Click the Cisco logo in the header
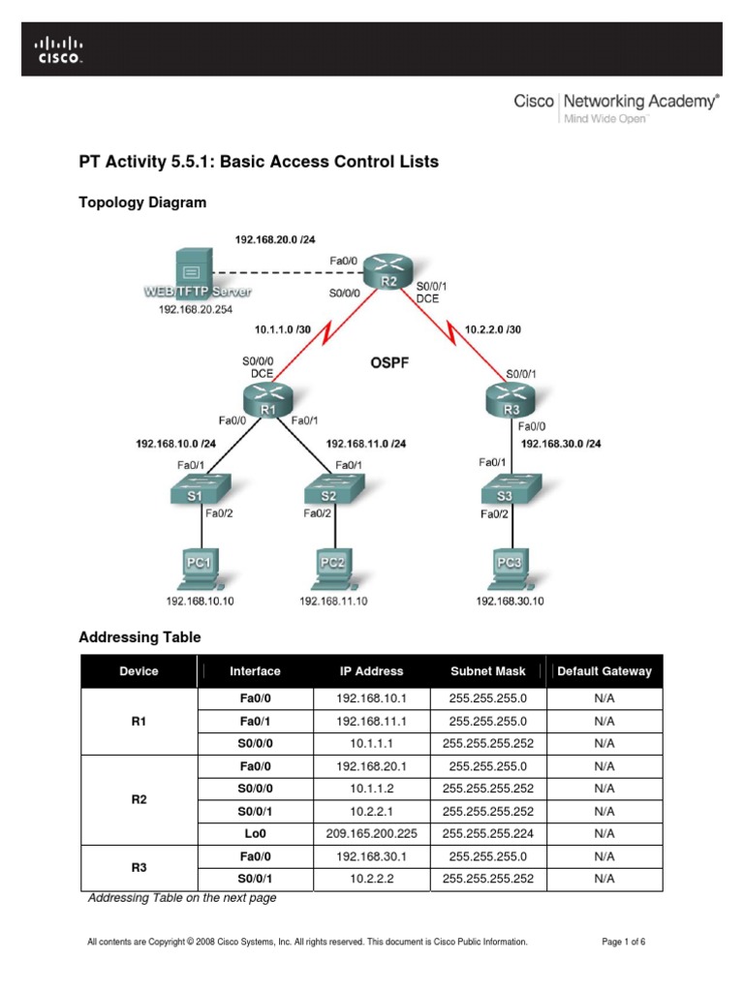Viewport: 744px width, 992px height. (x=60, y=49)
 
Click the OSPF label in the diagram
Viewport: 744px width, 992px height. (x=391, y=364)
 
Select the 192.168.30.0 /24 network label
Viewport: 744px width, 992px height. (x=561, y=444)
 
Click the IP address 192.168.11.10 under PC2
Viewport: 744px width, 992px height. (x=333, y=602)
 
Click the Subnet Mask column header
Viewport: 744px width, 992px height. (x=488, y=670)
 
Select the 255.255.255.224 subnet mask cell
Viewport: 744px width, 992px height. (x=488, y=832)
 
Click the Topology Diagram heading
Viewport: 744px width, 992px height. (x=141, y=202)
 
